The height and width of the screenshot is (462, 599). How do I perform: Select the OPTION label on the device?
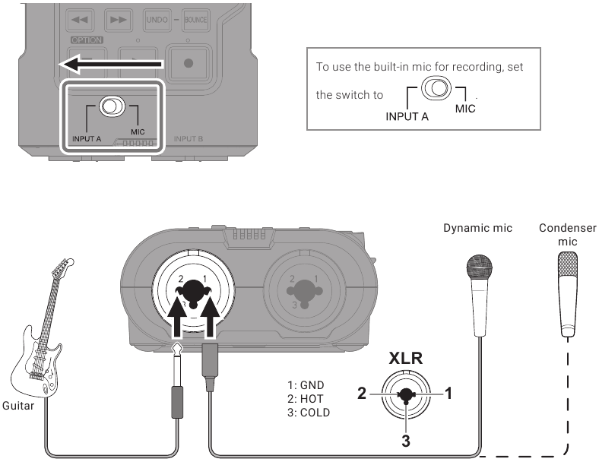(x=87, y=40)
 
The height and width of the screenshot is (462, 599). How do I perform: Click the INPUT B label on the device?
(x=188, y=139)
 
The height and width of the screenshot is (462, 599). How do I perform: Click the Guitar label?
(x=19, y=407)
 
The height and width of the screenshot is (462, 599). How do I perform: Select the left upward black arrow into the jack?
(x=176, y=318)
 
